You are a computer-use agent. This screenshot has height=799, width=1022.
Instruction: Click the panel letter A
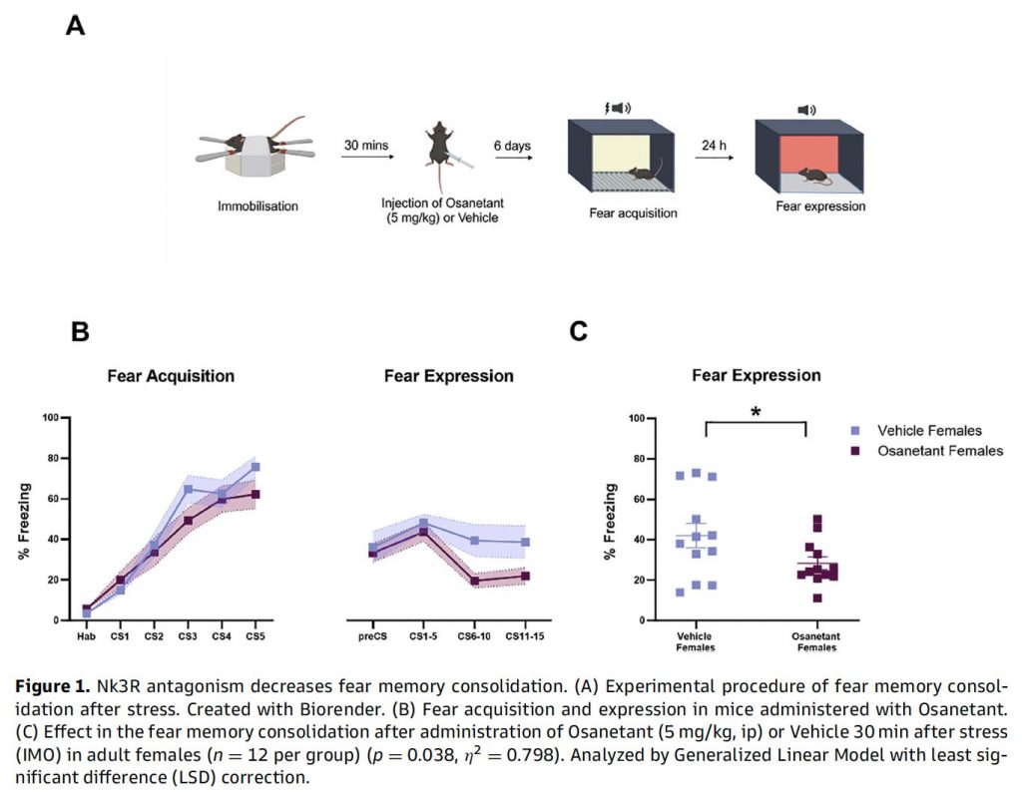click(76, 26)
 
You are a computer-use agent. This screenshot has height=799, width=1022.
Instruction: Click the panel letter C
click(578, 331)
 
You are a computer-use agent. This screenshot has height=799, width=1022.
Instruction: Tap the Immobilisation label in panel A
click(257, 206)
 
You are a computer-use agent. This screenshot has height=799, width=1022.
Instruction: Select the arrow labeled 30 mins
click(366, 158)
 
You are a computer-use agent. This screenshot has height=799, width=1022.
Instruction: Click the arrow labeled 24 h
click(714, 158)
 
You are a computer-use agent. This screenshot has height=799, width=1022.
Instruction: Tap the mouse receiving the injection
click(438, 148)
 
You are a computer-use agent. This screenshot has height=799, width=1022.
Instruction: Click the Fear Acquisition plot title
click(171, 376)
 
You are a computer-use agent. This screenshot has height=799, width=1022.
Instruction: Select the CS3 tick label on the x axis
click(188, 635)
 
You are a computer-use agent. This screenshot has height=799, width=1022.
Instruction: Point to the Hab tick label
click(87, 635)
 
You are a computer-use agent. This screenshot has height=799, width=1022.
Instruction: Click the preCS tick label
click(372, 635)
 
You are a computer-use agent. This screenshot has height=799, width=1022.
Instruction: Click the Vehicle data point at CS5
click(255, 467)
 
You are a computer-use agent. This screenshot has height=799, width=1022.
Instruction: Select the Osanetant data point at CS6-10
click(474, 581)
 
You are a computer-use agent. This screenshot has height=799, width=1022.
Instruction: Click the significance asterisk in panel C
click(756, 411)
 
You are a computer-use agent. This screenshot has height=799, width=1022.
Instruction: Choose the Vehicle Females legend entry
click(928, 431)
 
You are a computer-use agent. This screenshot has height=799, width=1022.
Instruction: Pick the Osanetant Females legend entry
click(938, 451)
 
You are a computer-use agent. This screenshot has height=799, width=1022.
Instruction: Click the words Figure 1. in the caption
click(53, 688)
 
